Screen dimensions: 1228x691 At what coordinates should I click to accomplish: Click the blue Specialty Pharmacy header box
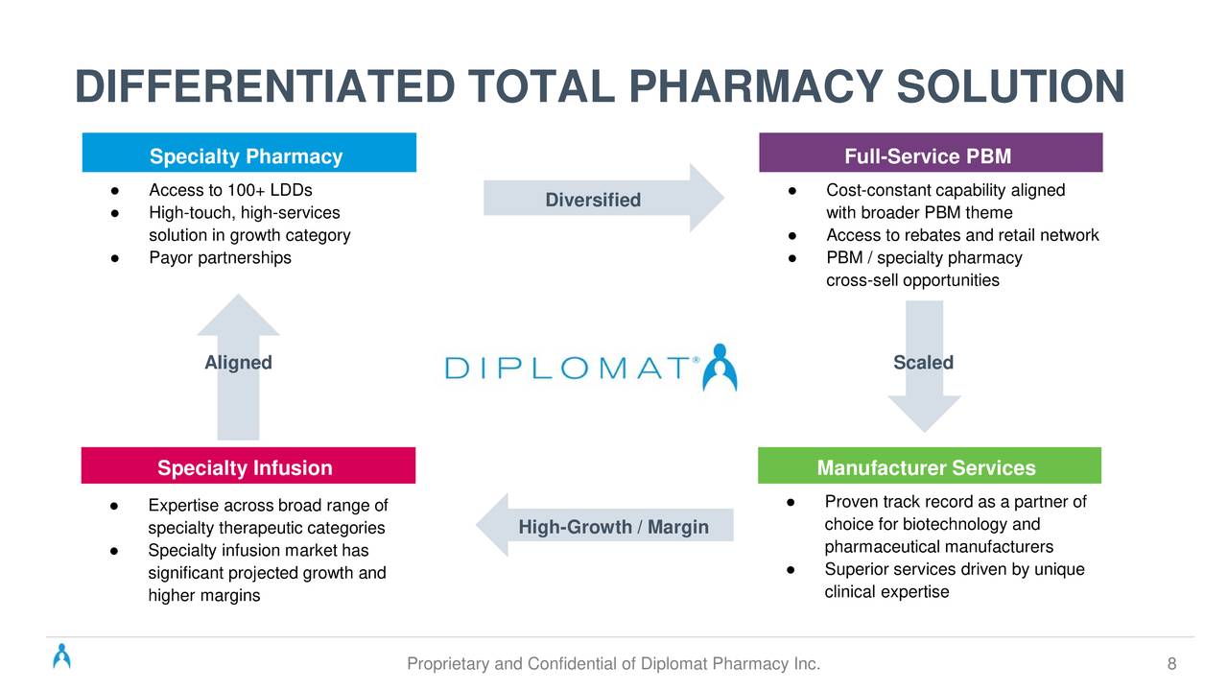click(248, 153)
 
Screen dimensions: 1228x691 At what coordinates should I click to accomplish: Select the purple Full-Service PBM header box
click(931, 153)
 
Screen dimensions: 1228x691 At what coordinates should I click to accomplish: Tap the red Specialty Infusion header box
click(248, 465)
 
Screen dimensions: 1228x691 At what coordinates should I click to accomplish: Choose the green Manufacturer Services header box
click(930, 465)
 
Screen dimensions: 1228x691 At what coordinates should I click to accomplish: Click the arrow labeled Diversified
click(603, 198)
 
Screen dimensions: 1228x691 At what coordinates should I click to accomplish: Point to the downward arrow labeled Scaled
click(924, 367)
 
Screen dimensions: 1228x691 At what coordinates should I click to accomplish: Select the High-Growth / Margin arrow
click(604, 525)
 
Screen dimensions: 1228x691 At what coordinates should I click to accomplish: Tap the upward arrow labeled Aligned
click(239, 367)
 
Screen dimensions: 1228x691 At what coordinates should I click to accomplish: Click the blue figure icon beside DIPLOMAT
click(720, 368)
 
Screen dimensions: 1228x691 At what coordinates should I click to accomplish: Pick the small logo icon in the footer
click(62, 655)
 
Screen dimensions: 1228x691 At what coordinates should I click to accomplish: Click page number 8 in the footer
click(1171, 664)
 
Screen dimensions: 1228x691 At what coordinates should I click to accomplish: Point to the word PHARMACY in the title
click(755, 86)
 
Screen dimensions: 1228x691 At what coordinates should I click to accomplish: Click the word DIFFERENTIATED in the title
click(265, 86)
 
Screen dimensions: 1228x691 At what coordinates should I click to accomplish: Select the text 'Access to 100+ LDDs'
click(230, 190)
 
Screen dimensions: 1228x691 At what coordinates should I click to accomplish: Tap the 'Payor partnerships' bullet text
click(220, 258)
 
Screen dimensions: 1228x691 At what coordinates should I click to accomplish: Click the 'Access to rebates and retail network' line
click(962, 235)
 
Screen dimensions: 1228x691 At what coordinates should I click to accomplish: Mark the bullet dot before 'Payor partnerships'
click(114, 258)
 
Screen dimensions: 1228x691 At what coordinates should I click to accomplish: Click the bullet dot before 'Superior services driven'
click(790, 570)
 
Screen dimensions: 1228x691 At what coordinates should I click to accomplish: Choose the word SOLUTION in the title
click(1010, 86)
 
